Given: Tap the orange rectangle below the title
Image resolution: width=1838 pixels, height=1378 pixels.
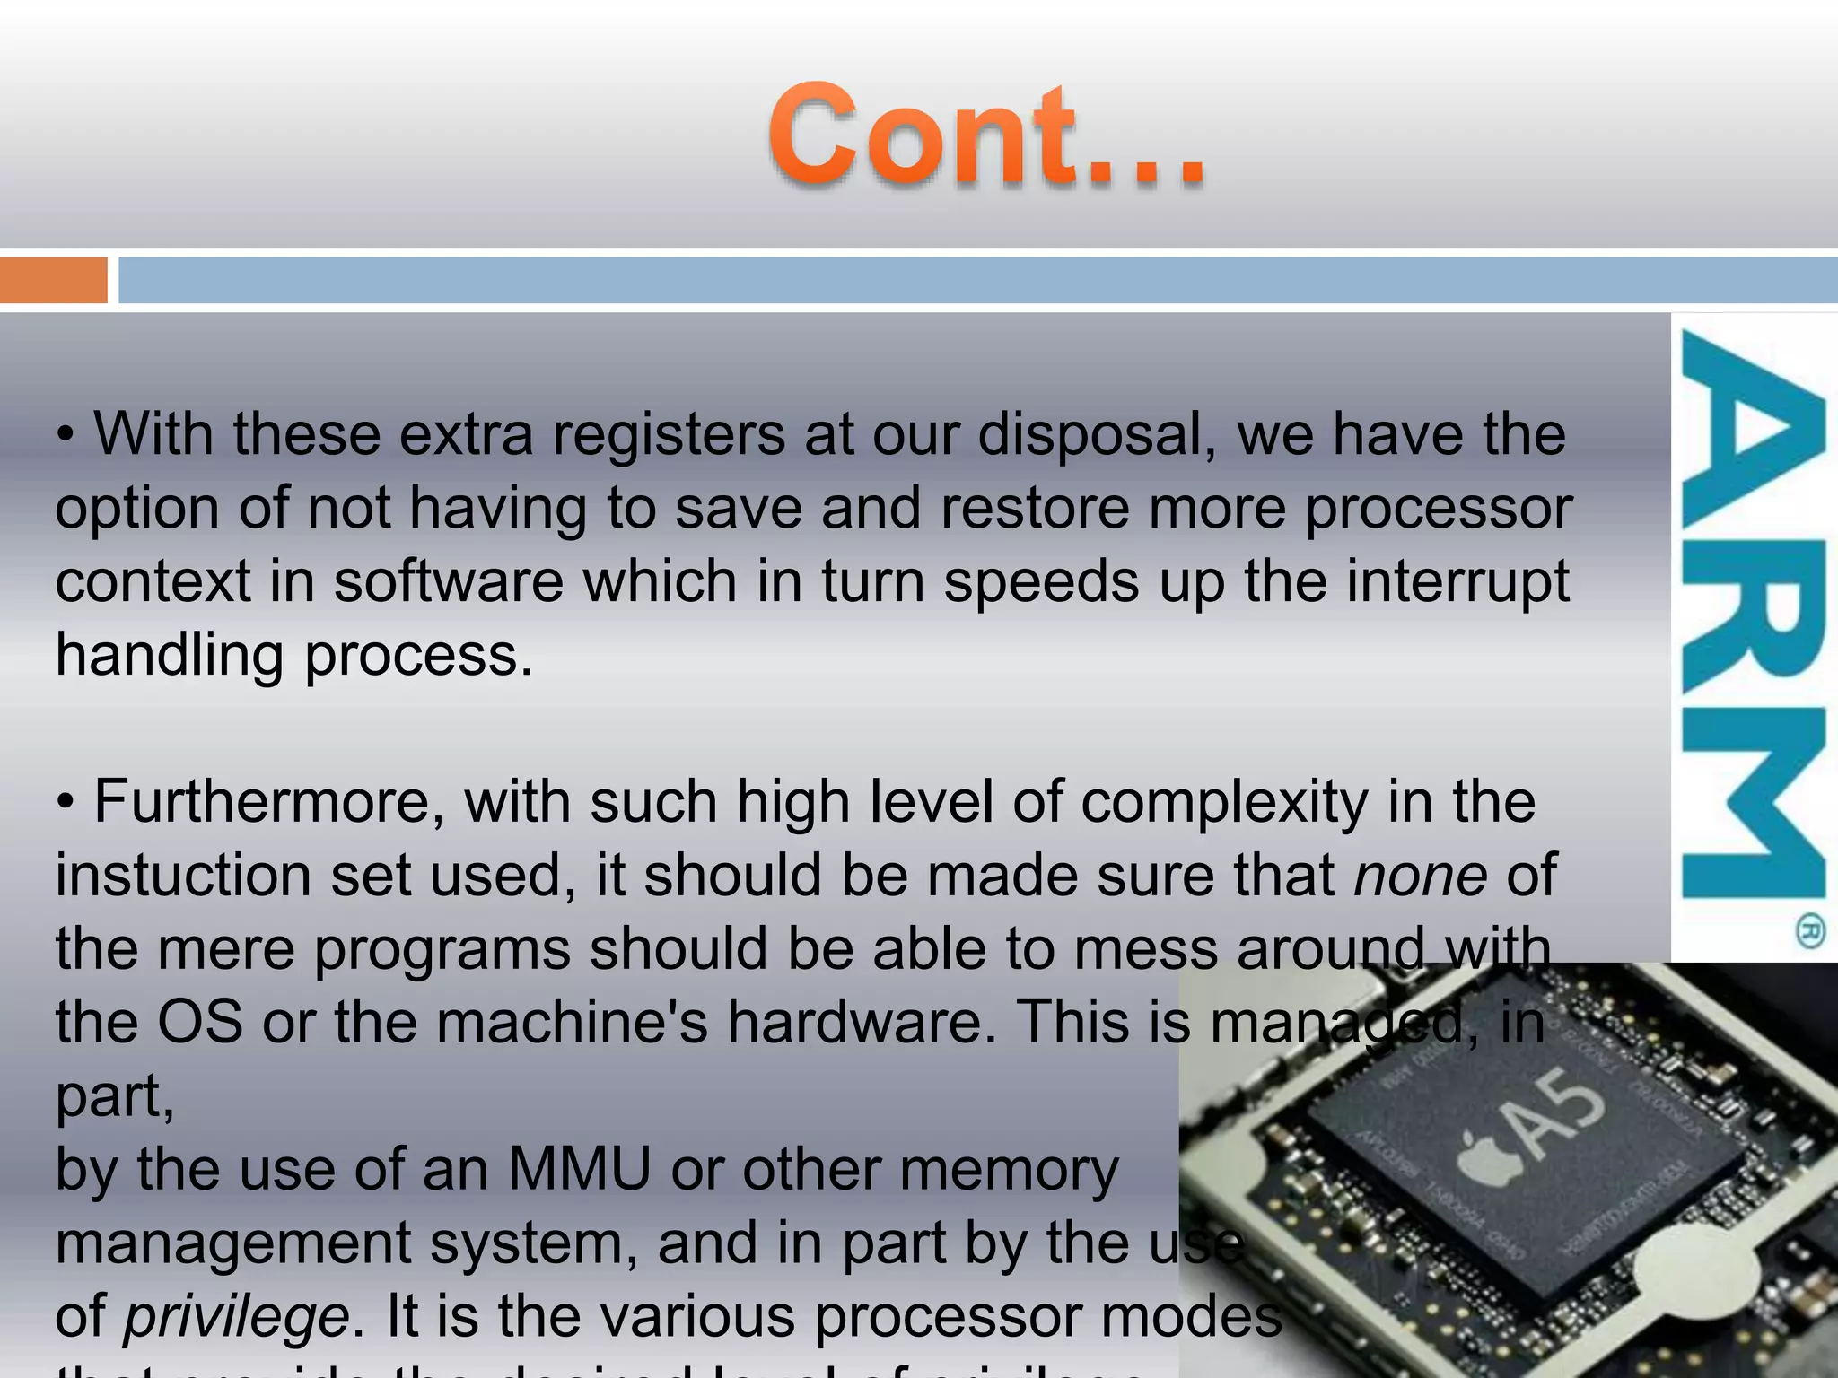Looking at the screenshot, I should coord(53,280).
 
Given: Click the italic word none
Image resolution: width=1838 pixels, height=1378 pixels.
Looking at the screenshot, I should coord(1421,876).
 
